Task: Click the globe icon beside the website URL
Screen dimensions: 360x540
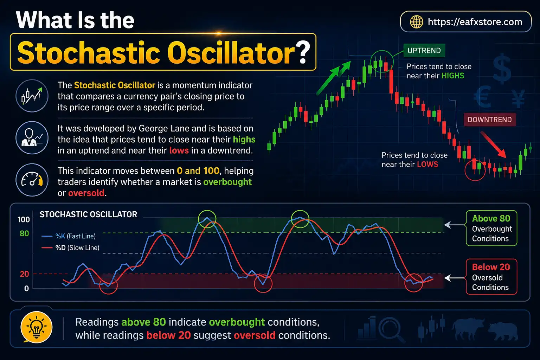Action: pos(417,22)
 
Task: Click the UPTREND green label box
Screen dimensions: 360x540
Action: pos(424,51)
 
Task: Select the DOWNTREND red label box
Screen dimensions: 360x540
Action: pos(489,120)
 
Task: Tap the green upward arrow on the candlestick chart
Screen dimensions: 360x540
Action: pos(334,78)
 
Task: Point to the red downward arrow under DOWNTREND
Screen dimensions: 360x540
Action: pos(494,144)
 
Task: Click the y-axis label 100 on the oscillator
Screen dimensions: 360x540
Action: pos(24,220)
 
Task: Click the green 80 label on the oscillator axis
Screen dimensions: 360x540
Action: pos(24,233)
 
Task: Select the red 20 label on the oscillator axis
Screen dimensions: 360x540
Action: pos(24,274)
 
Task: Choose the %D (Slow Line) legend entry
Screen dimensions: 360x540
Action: pos(71,248)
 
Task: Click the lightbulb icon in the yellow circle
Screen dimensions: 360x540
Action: pos(37,327)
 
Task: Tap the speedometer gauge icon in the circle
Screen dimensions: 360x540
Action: pos(32,180)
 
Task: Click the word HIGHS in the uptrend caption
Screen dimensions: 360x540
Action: pos(452,76)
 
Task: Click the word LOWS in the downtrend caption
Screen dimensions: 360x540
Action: pos(427,165)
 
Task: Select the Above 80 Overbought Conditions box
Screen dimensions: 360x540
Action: pos(491,228)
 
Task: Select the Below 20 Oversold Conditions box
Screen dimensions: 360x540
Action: pos(491,277)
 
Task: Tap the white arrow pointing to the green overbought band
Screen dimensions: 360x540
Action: pos(455,225)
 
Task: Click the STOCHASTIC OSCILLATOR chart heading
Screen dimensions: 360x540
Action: pos(88,214)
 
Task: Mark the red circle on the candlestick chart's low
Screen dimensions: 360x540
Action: pos(475,170)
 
